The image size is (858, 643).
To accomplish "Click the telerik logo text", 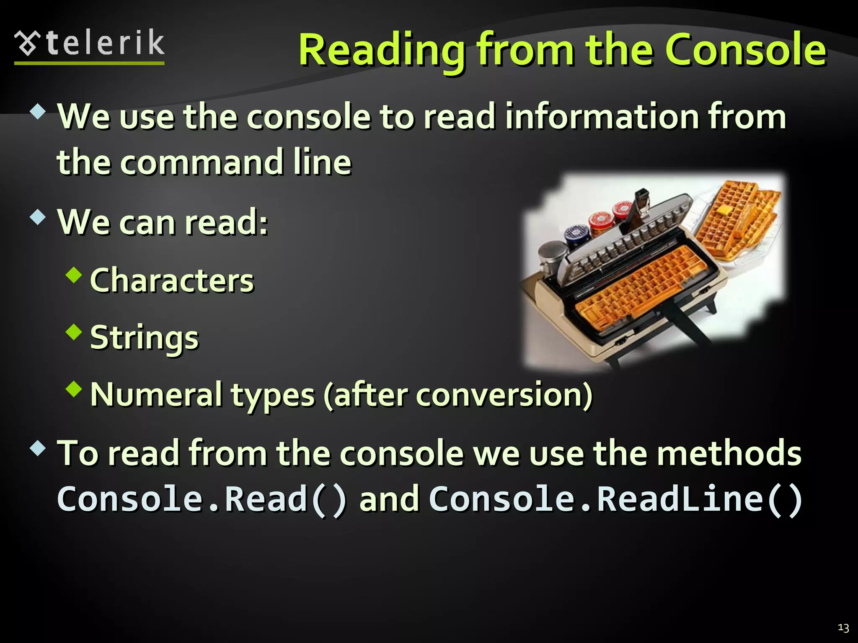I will (x=105, y=43).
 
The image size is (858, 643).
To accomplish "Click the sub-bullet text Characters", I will (x=172, y=280).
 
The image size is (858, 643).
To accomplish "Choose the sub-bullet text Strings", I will (x=145, y=337).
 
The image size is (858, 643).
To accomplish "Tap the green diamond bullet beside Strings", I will (x=74, y=332).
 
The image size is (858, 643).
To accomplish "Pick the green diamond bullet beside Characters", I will (x=74, y=275).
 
